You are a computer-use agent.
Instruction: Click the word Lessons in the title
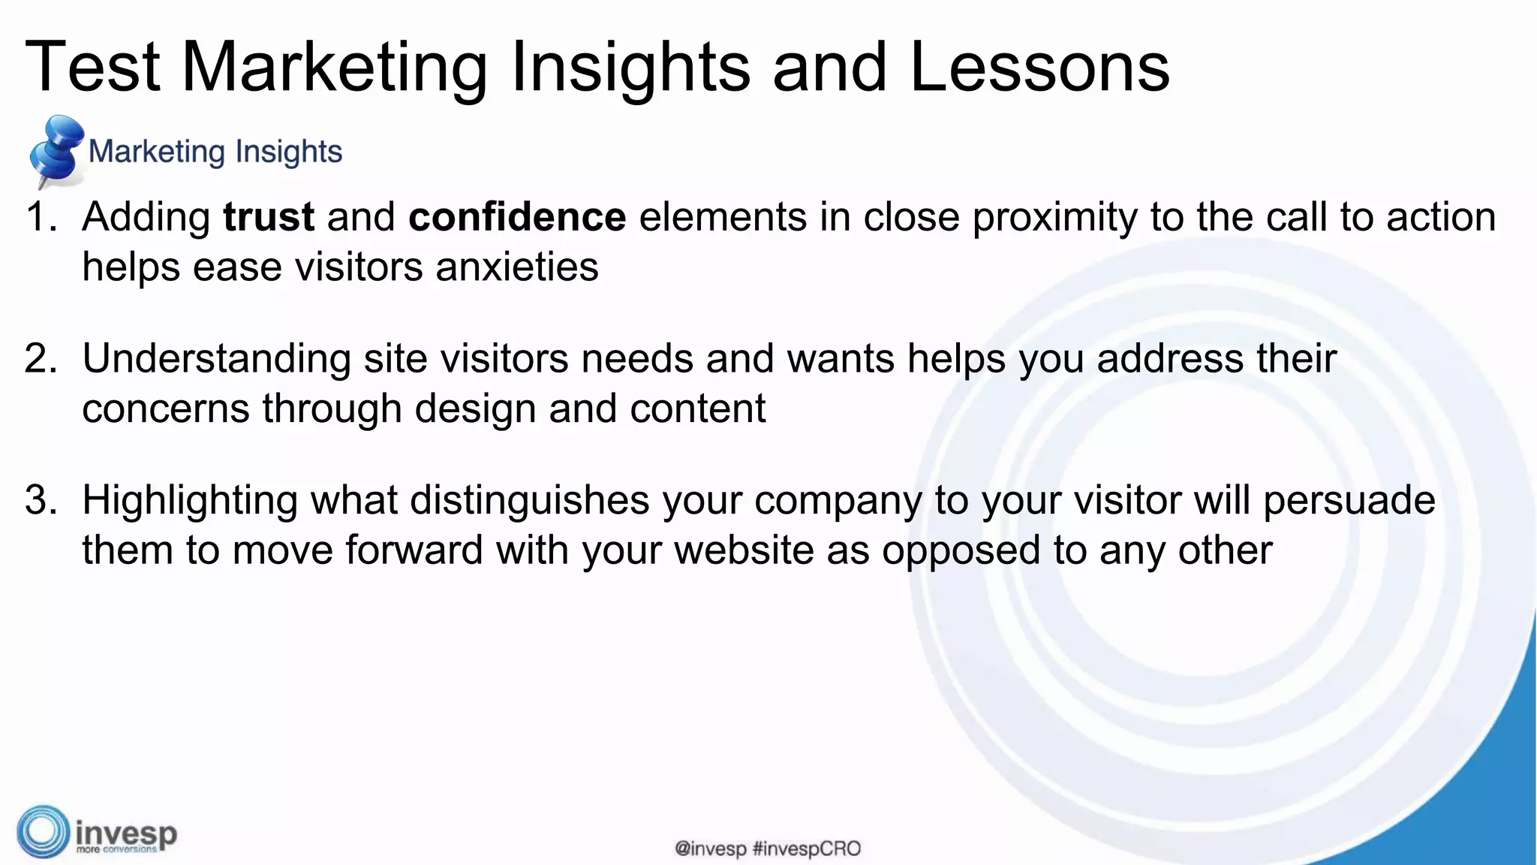pyautogui.click(x=1039, y=68)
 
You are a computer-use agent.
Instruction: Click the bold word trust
pyautogui.click(x=269, y=217)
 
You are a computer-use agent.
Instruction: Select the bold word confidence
pyautogui.click(x=517, y=217)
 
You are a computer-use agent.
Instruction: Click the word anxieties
pyautogui.click(x=517, y=267)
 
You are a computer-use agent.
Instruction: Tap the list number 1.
pyautogui.click(x=40, y=217)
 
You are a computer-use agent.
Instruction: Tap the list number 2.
pyautogui.click(x=40, y=358)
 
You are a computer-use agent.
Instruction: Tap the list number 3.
pyautogui.click(x=40, y=500)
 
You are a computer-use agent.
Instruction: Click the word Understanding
pyautogui.click(x=216, y=359)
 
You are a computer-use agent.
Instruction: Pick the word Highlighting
pyautogui.click(x=190, y=501)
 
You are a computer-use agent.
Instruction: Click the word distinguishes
pyautogui.click(x=529, y=500)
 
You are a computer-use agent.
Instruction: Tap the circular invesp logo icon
pyautogui.click(x=44, y=831)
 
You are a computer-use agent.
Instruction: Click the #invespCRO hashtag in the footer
pyautogui.click(x=806, y=849)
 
